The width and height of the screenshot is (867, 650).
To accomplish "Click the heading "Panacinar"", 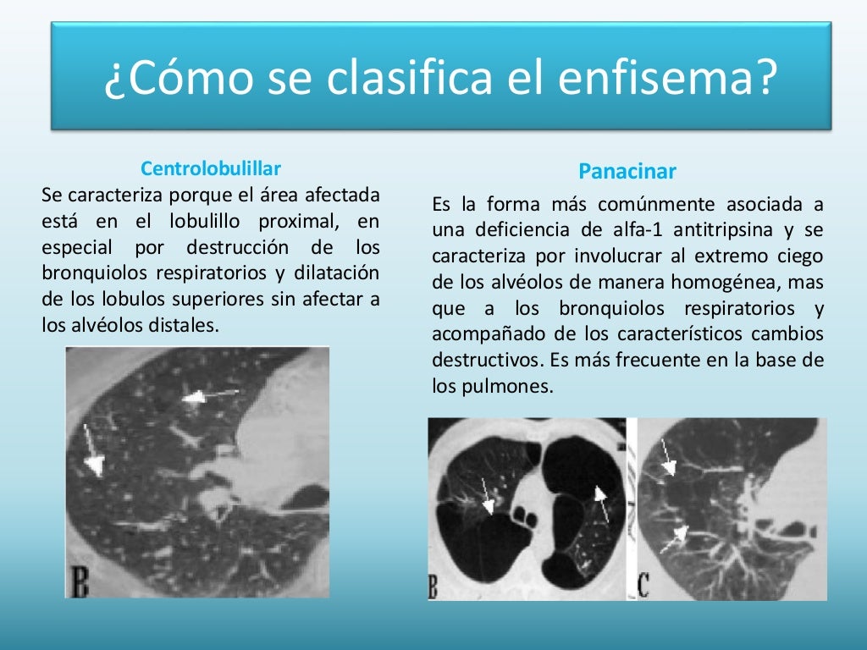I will point(627,172).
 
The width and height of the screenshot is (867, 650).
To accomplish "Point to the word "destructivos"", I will point(486,360).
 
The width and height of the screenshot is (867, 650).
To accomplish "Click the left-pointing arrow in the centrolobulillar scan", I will point(208,395).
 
